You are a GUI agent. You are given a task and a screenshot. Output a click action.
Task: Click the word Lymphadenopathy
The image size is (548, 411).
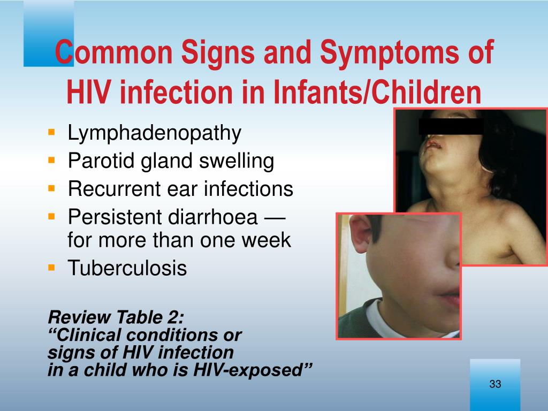coord(154,133)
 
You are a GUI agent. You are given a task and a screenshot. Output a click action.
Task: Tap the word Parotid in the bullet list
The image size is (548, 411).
coord(101,161)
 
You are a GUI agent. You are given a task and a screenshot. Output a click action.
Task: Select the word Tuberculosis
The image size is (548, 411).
coord(127,268)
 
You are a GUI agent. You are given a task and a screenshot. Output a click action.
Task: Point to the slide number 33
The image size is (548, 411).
coord(495,384)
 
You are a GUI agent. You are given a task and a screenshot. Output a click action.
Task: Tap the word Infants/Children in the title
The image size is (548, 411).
coord(377,92)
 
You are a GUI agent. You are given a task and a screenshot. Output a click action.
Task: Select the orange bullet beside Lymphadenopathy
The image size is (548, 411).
coord(52,132)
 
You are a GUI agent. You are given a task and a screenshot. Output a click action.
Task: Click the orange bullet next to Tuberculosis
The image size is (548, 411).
coord(52,268)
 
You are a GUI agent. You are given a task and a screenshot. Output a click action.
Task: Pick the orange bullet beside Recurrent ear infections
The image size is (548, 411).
coord(52,188)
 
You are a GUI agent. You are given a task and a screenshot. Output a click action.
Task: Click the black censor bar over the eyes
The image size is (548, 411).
coord(451,126)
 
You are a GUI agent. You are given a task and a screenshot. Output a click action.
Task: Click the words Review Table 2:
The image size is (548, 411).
coord(116,317)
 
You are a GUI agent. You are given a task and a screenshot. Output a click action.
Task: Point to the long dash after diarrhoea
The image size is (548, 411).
coord(275,218)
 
